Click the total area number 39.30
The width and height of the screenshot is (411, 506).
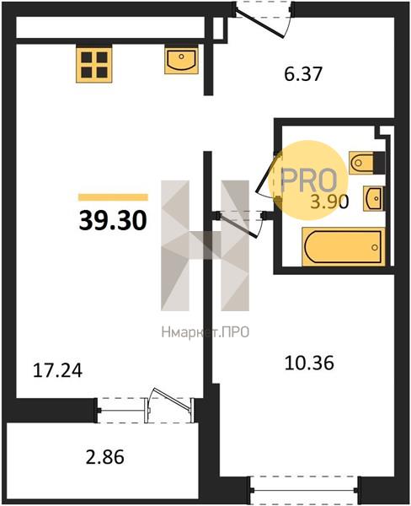pyautogui.click(x=113, y=221)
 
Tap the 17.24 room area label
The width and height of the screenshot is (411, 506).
pyautogui.click(x=58, y=370)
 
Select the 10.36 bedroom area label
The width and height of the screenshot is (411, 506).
pyautogui.click(x=309, y=363)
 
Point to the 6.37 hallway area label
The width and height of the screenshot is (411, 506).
pyautogui.click(x=303, y=74)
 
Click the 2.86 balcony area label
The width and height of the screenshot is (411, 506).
pyautogui.click(x=105, y=457)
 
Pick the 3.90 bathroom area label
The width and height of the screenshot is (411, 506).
pyautogui.click(x=329, y=202)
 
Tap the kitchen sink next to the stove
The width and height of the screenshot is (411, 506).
pyautogui.click(x=181, y=60)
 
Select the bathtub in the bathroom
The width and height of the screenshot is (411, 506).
pyautogui.click(x=344, y=246)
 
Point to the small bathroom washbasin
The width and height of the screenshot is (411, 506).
pyautogui.click(x=374, y=198)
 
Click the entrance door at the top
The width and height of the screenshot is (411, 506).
pyautogui.click(x=264, y=19)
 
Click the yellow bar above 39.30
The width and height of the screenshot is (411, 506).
pyautogui.click(x=113, y=196)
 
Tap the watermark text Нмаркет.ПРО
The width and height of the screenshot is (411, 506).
pyautogui.click(x=205, y=331)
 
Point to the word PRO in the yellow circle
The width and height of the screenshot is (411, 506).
pyautogui.click(x=308, y=180)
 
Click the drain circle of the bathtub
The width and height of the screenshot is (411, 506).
pyautogui.click(x=375, y=247)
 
